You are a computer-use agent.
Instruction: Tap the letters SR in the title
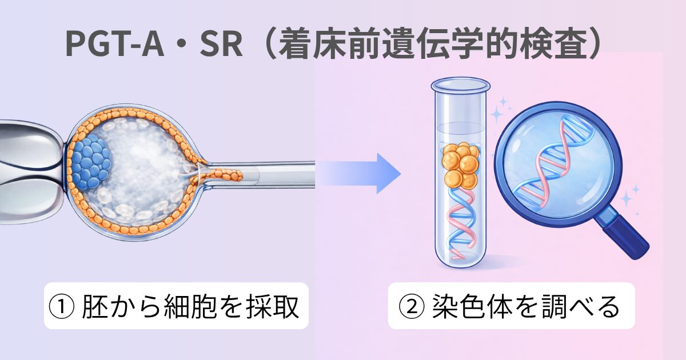coord(221,45)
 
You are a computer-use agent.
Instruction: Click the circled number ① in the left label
coord(62,307)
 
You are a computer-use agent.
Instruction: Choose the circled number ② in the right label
coord(412,307)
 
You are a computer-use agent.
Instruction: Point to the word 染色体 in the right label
coord(472,307)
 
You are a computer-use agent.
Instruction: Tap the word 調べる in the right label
coord(581,307)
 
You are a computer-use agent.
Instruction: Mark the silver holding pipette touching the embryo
coord(32,171)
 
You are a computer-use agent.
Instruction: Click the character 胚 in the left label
coord(95,307)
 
